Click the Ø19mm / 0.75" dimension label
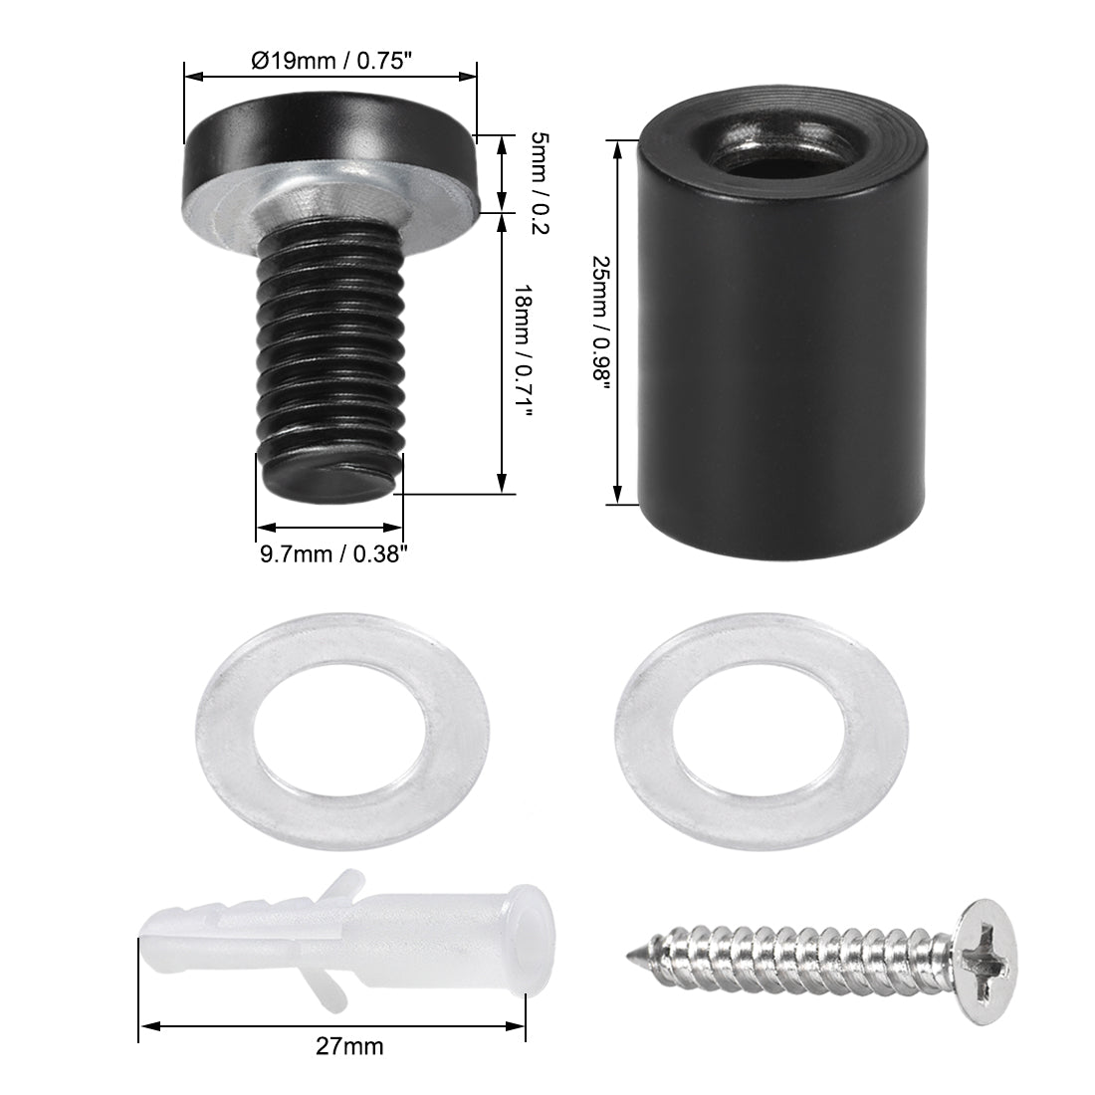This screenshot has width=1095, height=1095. tap(329, 60)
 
